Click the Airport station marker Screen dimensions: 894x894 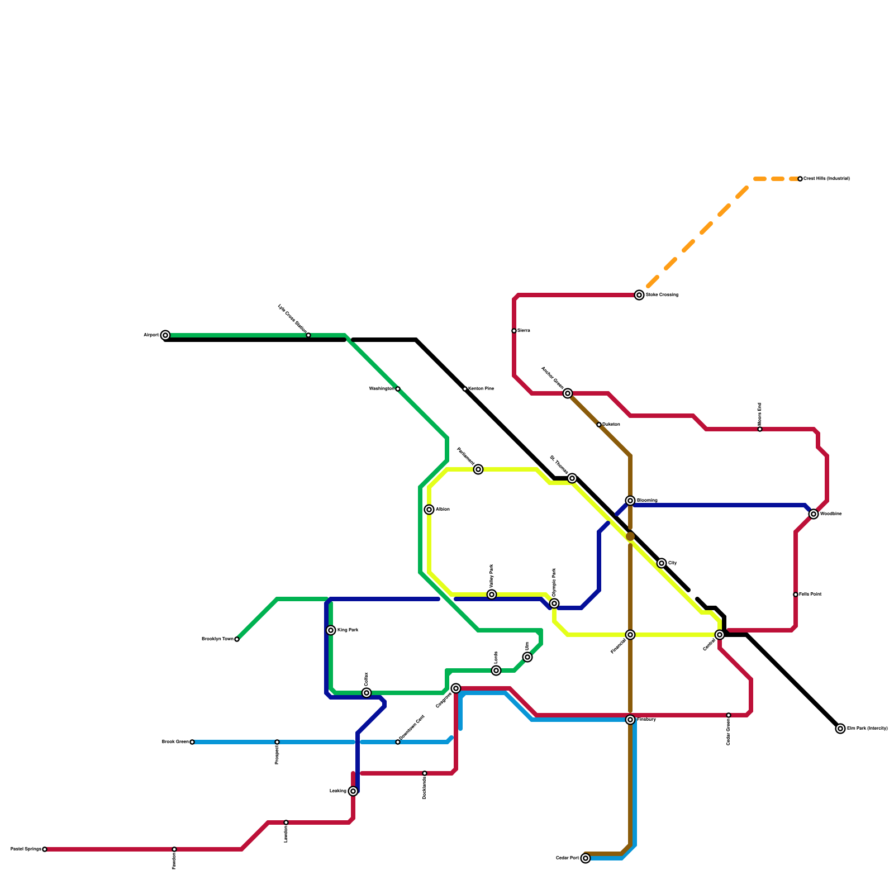[x=165, y=335]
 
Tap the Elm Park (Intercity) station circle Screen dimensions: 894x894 [x=840, y=729]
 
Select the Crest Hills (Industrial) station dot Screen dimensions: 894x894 [x=800, y=179]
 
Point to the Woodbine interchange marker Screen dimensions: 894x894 [x=814, y=514]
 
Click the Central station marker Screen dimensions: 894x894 [x=720, y=635]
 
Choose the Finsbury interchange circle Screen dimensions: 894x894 [x=630, y=720]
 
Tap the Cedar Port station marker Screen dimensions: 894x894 [x=586, y=858]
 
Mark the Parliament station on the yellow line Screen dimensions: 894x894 [x=478, y=469]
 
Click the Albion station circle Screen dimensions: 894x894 [x=429, y=510]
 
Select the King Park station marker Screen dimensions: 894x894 [x=331, y=630]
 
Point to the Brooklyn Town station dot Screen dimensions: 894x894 [x=237, y=639]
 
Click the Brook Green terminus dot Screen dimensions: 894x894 [x=192, y=742]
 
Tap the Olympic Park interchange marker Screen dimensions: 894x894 [x=554, y=603]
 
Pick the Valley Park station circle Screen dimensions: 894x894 [x=492, y=595]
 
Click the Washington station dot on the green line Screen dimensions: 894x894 [x=398, y=389]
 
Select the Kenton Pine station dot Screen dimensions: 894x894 [x=465, y=389]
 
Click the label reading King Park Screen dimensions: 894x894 [x=348, y=630]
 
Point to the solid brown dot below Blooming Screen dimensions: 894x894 [x=630, y=536]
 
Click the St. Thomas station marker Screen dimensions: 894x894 [x=572, y=478]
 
